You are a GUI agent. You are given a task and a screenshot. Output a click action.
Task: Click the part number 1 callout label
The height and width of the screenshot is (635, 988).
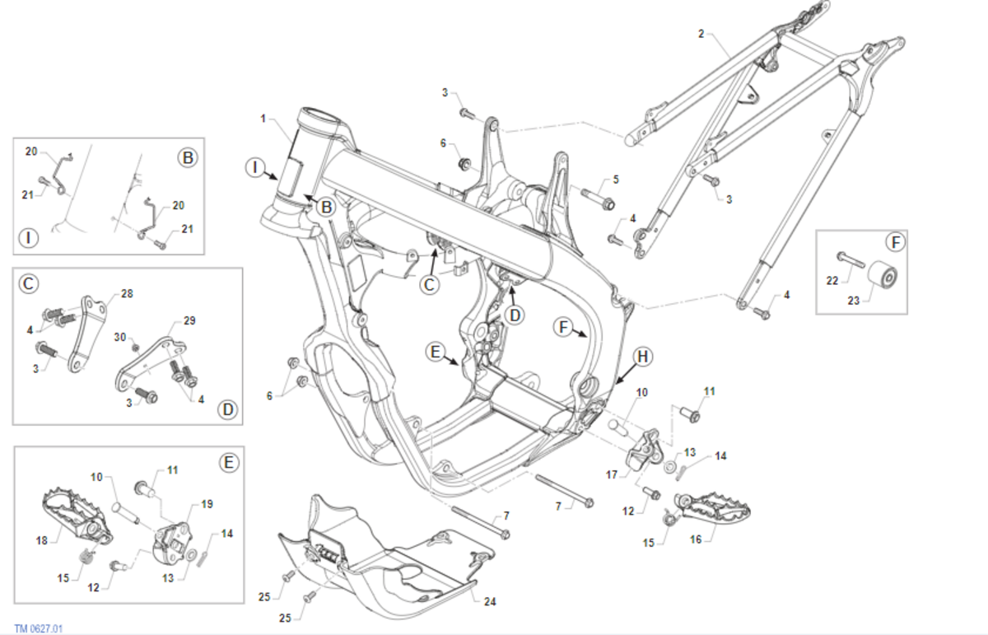point(262,119)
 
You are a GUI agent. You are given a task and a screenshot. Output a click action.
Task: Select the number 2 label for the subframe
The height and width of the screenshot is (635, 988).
point(701,34)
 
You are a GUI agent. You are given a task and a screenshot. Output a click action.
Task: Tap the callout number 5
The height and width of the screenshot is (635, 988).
point(614,180)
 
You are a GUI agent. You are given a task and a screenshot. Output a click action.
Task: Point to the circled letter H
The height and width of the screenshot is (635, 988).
point(643,357)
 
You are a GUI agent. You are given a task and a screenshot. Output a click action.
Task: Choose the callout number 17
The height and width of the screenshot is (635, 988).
point(612,474)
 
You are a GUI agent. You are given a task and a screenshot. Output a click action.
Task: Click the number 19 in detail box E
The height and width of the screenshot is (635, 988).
point(207,503)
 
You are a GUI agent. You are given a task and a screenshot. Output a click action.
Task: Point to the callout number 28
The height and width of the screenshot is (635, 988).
point(126,293)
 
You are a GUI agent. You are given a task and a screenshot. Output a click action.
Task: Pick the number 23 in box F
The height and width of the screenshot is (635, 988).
point(853,301)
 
